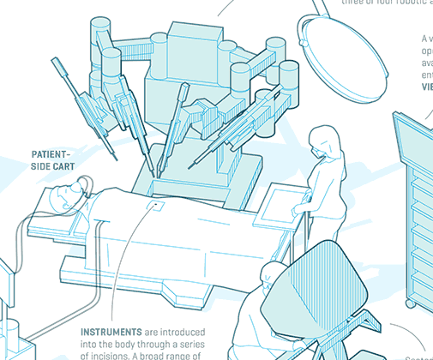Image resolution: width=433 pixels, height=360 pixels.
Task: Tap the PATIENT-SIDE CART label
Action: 52,160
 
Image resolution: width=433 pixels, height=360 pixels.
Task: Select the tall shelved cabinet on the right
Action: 416,206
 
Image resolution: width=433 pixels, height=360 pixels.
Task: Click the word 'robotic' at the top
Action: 402,3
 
